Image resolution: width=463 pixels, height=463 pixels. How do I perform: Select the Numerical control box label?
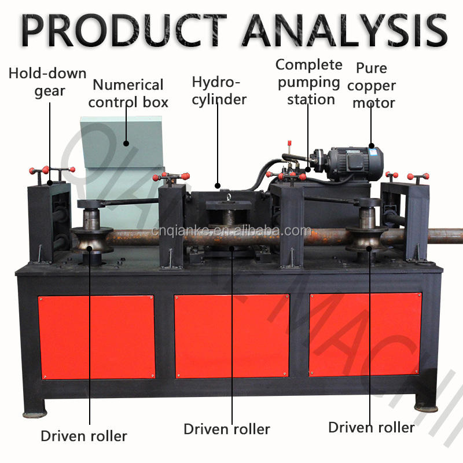[128, 94]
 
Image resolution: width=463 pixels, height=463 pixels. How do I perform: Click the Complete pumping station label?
[309, 82]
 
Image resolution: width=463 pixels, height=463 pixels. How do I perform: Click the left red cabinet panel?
[97, 337]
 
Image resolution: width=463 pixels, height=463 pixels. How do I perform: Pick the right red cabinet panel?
[365, 335]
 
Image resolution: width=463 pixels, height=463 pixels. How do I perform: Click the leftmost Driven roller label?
[84, 436]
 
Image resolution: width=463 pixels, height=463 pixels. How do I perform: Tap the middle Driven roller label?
[227, 429]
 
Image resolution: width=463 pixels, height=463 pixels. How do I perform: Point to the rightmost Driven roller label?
[372, 428]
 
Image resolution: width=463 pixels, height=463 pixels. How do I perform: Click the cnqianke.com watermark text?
[231, 231]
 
